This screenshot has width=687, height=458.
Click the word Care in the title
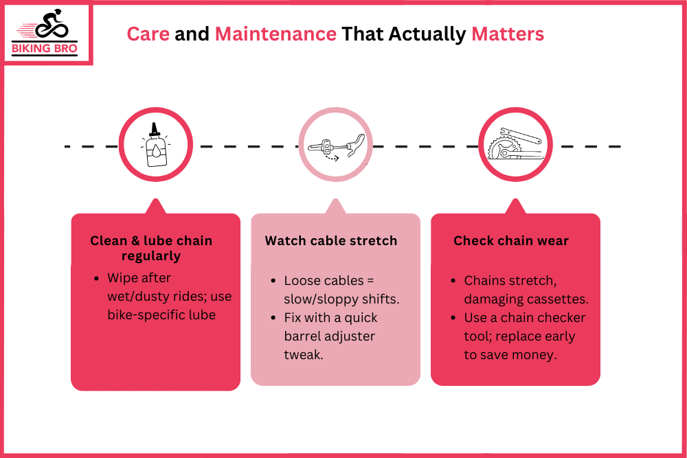coord(148,34)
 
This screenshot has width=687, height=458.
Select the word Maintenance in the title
coord(275,34)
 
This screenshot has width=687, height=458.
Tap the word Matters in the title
coord(508,34)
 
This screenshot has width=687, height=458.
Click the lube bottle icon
coord(155,146)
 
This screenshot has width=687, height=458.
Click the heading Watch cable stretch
coord(331,241)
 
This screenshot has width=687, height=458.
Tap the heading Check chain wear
coord(511,241)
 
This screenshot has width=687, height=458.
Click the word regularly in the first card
coord(151,256)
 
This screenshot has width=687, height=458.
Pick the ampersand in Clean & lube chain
coord(135,241)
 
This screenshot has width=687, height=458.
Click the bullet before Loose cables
coord(273,281)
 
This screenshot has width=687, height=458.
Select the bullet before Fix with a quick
coord(273,318)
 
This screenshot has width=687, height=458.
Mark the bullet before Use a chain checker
coord(453,318)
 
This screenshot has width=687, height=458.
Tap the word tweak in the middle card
coord(303,355)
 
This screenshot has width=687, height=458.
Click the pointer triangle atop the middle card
coord(336,207)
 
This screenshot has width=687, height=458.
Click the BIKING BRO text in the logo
coord(44,48)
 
